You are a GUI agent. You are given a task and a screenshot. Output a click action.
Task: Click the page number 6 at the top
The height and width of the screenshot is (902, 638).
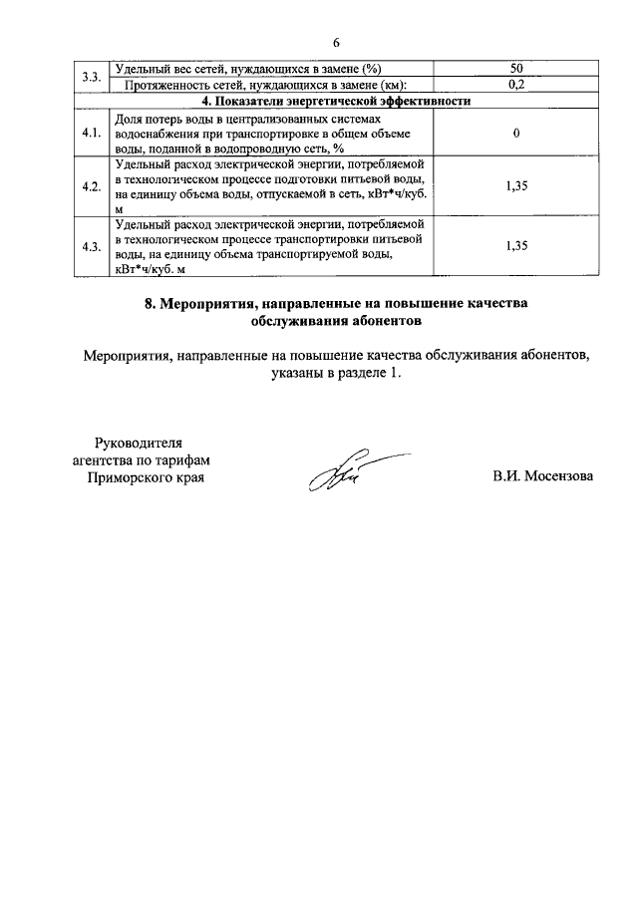[336, 42]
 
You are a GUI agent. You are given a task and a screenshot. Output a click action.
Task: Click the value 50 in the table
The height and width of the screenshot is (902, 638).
[516, 69]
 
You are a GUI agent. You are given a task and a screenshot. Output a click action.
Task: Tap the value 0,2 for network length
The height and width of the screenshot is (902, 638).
[516, 85]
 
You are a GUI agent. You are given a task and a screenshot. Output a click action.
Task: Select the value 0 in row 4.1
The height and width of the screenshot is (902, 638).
[516, 134]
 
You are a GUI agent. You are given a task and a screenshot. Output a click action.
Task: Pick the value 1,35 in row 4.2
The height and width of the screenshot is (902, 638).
[516, 185]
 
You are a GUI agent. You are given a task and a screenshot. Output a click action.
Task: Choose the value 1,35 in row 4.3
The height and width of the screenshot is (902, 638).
[516, 245]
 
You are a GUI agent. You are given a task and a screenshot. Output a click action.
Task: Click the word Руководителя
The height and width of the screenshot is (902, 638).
[139, 442]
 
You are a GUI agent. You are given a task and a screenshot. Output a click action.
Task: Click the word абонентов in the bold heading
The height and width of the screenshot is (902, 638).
[391, 322]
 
